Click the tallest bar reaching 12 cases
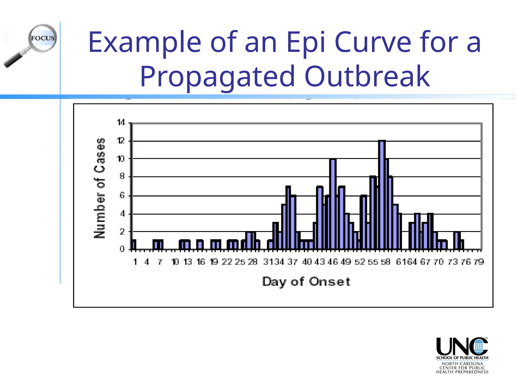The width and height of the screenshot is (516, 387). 382,195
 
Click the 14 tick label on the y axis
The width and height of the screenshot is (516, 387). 121,123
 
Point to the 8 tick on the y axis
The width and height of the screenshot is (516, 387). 122,176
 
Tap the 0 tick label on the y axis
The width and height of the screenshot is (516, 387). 122,249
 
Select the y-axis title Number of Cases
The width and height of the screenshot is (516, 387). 100,188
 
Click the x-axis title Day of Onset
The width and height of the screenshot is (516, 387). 306,281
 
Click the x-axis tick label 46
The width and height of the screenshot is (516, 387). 333,262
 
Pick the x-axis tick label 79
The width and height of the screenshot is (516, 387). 479,262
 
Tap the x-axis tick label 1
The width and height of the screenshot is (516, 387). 135,262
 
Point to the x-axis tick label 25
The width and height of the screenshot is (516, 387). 240,262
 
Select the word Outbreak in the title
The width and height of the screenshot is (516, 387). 367,76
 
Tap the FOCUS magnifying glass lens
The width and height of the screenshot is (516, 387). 43,38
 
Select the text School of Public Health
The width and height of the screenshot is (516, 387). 462,358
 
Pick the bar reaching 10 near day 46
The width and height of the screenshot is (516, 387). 333,204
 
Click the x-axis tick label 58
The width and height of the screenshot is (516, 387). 385,262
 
